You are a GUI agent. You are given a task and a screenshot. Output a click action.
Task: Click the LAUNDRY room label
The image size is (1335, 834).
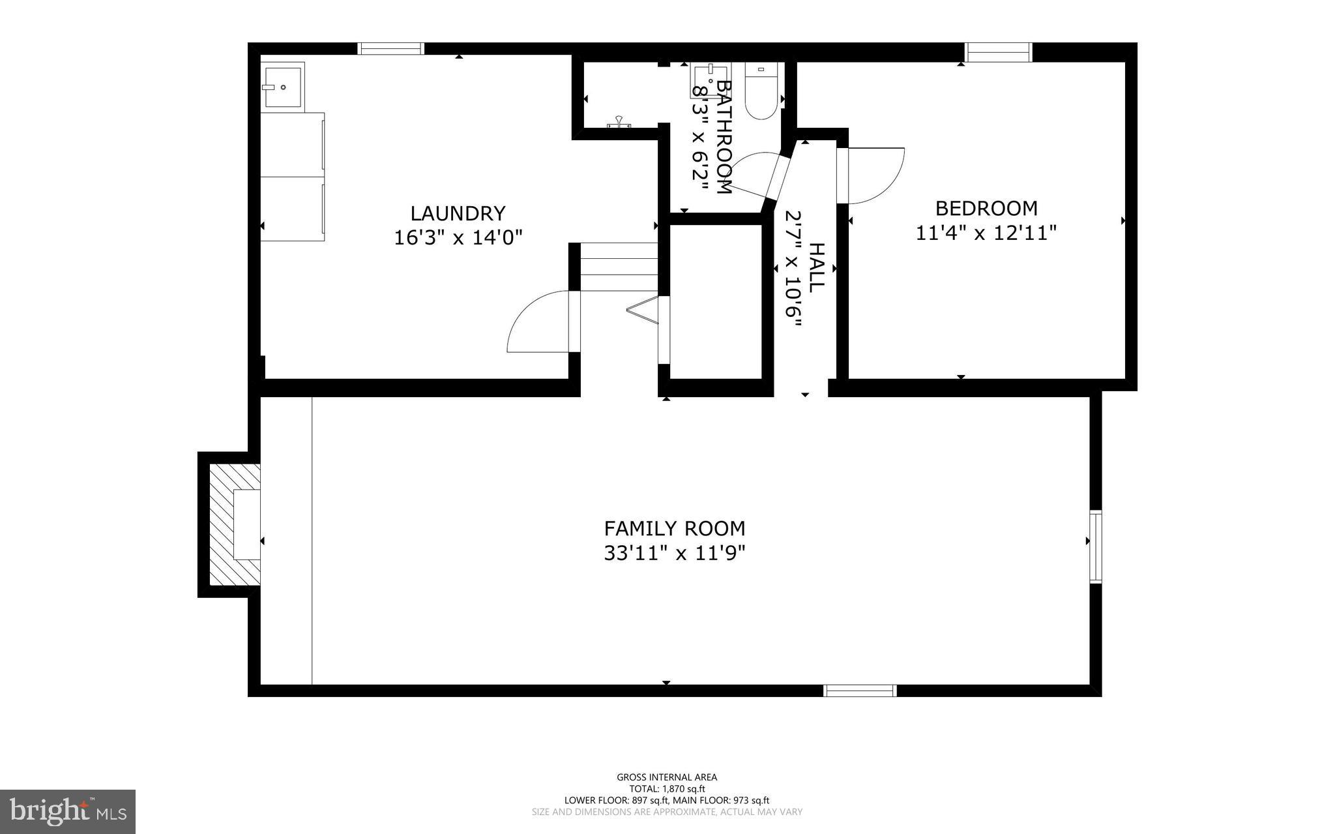coord(458,213)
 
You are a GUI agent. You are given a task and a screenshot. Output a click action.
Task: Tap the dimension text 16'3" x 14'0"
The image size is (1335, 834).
coord(458,237)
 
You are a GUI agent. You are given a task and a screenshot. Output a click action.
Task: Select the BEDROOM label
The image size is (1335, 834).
coord(986,208)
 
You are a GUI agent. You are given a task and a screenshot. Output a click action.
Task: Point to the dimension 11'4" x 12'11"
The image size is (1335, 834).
coord(986,233)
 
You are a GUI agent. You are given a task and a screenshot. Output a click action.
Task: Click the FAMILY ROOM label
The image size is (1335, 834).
coord(674,528)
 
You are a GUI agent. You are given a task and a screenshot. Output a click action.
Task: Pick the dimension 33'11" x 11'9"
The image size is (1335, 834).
coord(674,554)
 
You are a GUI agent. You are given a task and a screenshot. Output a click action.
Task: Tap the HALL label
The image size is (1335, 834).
coord(816,267)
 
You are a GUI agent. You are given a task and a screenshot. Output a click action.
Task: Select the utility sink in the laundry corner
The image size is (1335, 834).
coord(282,86)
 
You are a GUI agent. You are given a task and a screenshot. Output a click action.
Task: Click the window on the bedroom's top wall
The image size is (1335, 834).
coord(998,52)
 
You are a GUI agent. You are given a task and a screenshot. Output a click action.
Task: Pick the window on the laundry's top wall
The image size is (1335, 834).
coord(391,48)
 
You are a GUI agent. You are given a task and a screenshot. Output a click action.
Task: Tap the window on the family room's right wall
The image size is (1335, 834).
coord(1096,546)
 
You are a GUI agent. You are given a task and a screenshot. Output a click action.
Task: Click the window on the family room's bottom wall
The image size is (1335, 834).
coord(860,691)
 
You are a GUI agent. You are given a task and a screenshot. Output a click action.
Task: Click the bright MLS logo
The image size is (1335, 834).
coord(68,811)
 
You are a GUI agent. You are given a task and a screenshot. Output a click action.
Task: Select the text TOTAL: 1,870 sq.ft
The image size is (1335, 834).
coord(666,788)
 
